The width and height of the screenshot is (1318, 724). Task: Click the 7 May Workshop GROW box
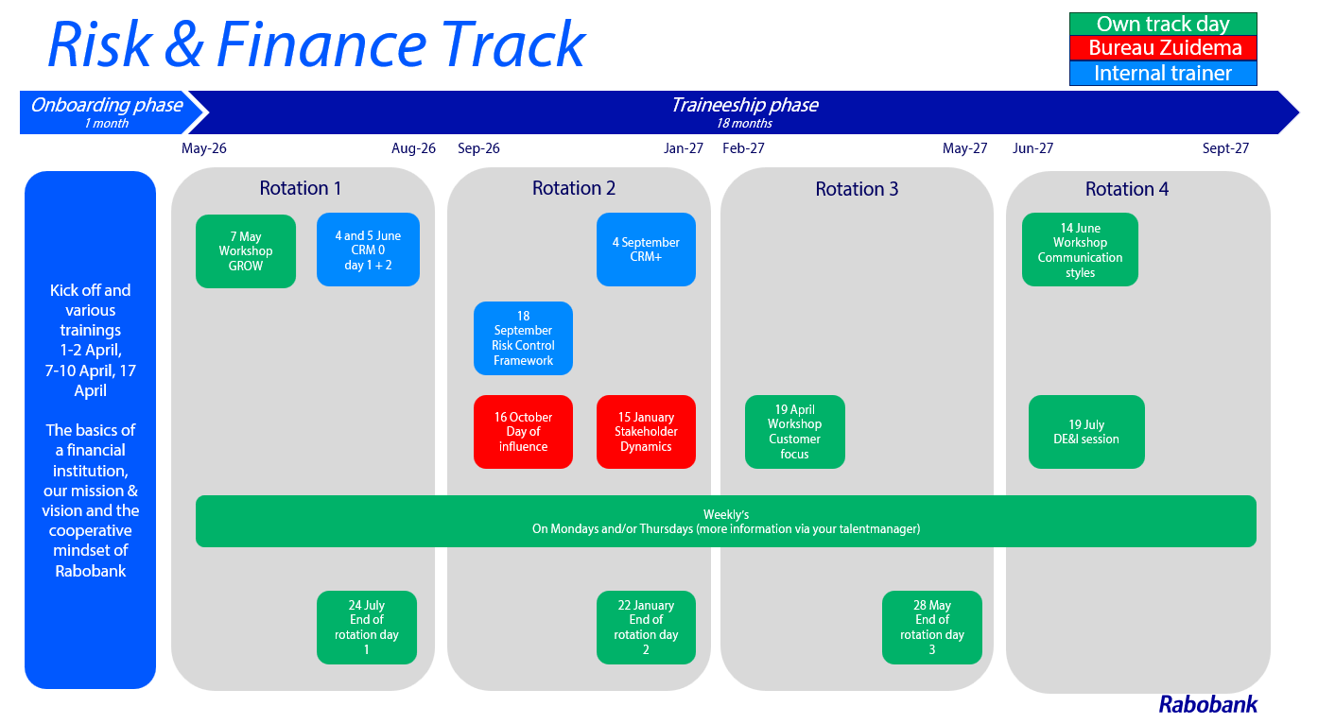[x=246, y=251]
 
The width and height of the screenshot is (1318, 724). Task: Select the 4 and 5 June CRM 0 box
[x=368, y=250]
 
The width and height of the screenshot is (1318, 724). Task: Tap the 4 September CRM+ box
[x=646, y=250]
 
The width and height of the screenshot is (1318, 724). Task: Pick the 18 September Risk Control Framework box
[x=523, y=338]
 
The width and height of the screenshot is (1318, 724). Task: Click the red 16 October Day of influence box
[x=523, y=432]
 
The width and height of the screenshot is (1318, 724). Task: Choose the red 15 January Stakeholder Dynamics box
[x=646, y=432]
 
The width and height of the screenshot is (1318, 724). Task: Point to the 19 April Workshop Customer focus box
[x=794, y=432]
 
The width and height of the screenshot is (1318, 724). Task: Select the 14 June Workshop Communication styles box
[x=1080, y=250]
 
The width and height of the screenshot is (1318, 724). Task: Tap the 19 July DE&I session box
[x=1086, y=432]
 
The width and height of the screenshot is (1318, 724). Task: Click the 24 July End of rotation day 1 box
[x=367, y=628]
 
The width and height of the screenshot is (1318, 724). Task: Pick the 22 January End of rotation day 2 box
[x=646, y=628]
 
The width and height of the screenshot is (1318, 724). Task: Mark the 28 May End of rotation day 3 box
[x=932, y=628]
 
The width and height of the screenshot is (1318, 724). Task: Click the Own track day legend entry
[x=1163, y=24]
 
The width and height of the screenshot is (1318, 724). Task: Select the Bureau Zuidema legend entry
[x=1163, y=48]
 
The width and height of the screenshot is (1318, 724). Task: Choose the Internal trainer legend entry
[x=1163, y=74]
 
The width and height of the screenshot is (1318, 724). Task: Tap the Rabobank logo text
[x=1208, y=704]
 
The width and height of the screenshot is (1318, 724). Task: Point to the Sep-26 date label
[x=478, y=148]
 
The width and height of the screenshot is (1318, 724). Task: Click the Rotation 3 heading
[x=857, y=189]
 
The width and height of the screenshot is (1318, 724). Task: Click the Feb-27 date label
[x=743, y=148]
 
